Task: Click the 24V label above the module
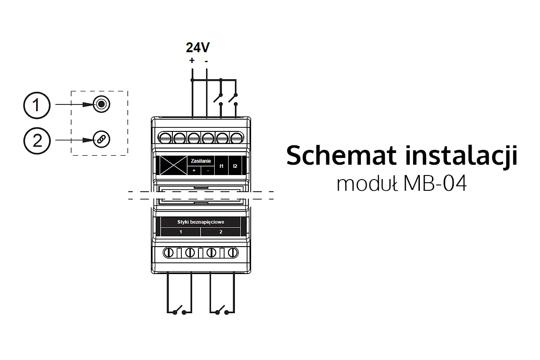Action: pos(198,48)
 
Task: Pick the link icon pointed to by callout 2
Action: pos(101,140)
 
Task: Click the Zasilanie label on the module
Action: pos(201,161)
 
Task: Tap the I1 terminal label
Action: pos(221,166)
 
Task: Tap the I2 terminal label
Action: pos(235,166)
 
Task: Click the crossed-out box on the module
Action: pos(173,165)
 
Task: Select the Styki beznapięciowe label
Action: pos(201,222)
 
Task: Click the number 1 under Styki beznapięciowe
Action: pos(181,232)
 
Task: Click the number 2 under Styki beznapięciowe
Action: pos(220,232)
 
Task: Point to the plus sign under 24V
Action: pos(192,60)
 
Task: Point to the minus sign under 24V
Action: pos(206,60)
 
